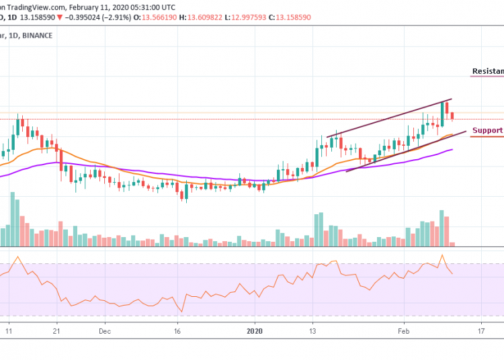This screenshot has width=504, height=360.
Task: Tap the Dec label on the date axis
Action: (104, 331)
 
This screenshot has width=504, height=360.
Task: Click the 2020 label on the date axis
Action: (255, 331)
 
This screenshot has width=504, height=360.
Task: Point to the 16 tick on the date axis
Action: (177, 331)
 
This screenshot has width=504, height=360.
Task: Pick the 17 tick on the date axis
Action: (481, 331)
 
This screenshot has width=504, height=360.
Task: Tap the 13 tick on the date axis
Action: (313, 331)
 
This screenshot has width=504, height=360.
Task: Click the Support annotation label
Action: (487, 130)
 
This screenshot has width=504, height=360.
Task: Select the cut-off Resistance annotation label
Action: (488, 71)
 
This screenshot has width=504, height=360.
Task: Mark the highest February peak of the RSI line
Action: (442, 255)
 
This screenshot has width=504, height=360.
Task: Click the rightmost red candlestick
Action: (452, 116)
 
